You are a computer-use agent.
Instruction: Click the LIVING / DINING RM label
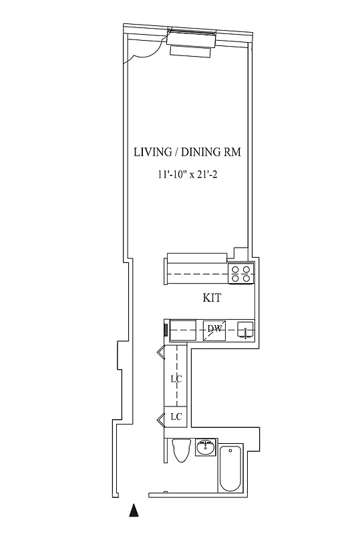pyautogui.click(x=187, y=153)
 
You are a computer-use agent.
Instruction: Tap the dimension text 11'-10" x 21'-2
pyautogui.click(x=187, y=175)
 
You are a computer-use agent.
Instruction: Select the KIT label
pyautogui.click(x=212, y=298)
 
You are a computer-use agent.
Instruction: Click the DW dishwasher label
pyautogui.click(x=214, y=328)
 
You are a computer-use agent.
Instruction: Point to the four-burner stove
pyautogui.click(x=240, y=272)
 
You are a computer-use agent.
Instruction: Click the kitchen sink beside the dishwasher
pyautogui.click(x=245, y=330)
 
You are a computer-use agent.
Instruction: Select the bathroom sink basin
pyautogui.click(x=207, y=448)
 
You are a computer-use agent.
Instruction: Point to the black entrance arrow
pyautogui.click(x=134, y=511)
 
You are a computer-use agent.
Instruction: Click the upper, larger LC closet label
pyautogui.click(x=176, y=378)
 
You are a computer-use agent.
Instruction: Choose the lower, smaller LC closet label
pyautogui.click(x=176, y=417)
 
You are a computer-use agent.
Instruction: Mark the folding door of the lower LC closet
pyautogui.click(x=161, y=419)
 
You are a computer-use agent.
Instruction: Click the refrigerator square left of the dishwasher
pyautogui.click(x=182, y=330)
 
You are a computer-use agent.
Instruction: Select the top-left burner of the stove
pyautogui.click(x=235, y=270)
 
